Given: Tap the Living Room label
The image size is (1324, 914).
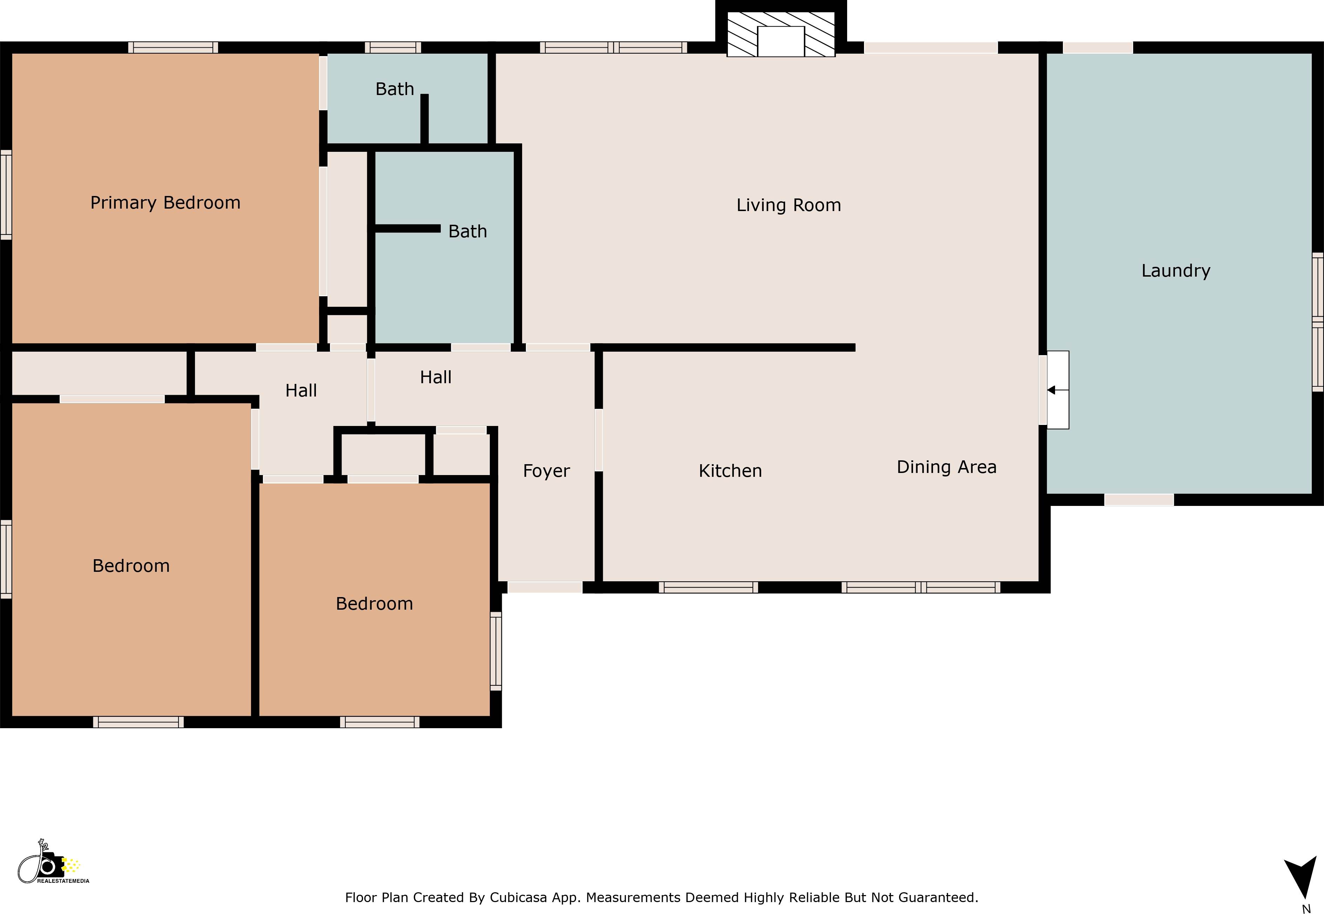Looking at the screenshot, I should pos(789,205).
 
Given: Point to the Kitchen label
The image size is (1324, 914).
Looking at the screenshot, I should pos(730,471).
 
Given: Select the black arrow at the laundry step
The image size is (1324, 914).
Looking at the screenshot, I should pos(1052,390).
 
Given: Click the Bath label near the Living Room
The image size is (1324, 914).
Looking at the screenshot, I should pos(467,231).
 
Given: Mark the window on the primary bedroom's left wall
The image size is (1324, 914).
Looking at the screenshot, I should pos(6,195).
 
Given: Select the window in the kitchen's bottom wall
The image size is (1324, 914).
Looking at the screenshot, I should pos(708,587).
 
